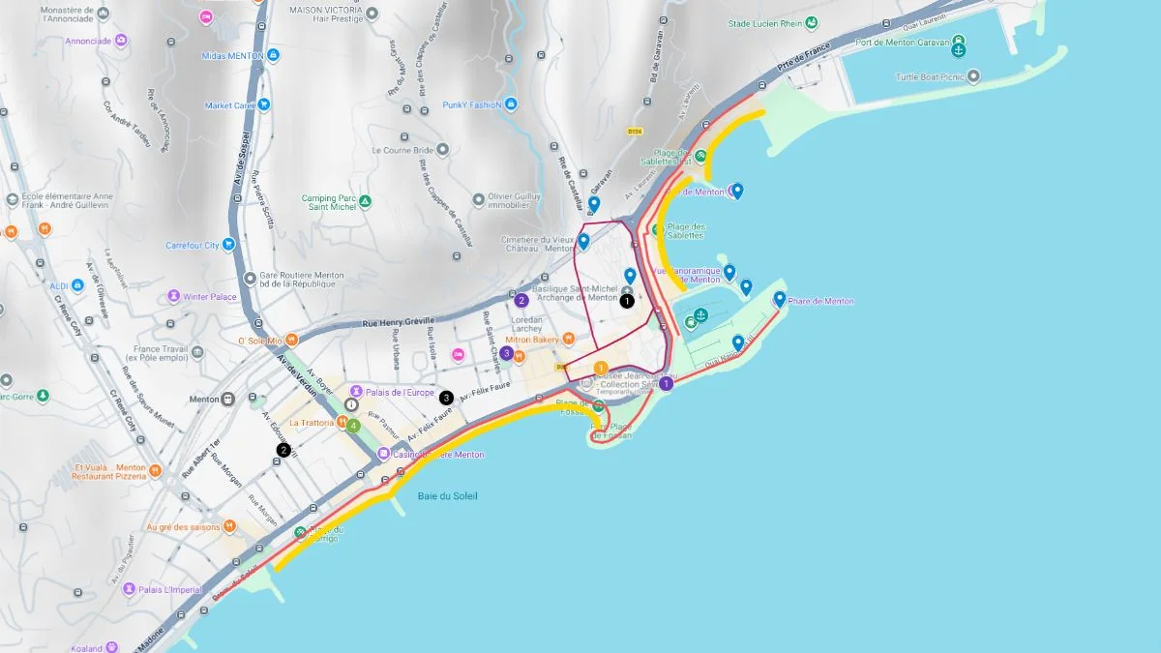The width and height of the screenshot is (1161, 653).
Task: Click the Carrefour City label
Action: pyautogui.click(x=193, y=245)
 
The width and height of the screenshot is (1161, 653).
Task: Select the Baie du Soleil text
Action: pyautogui.click(x=447, y=496)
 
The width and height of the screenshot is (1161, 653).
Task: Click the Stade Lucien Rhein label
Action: pyautogui.click(x=766, y=23)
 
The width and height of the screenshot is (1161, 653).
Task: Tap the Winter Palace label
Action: pyautogui.click(x=210, y=296)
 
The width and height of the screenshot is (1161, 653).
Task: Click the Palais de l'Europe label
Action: pyautogui.click(x=400, y=392)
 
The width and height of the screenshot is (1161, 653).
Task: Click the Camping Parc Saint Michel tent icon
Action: pyautogui.click(x=365, y=202)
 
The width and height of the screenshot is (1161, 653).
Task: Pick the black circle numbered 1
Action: pyautogui.click(x=627, y=301)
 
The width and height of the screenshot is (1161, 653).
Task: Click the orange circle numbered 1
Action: pyautogui.click(x=601, y=368)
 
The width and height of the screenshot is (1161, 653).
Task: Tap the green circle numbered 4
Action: pyautogui.click(x=354, y=425)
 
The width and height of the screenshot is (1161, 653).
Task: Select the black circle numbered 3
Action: pyautogui.click(x=446, y=397)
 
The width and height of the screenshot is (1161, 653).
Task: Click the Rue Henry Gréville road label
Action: pyautogui.click(x=399, y=321)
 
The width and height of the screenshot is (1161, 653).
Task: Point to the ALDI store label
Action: pyautogui.click(x=60, y=286)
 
